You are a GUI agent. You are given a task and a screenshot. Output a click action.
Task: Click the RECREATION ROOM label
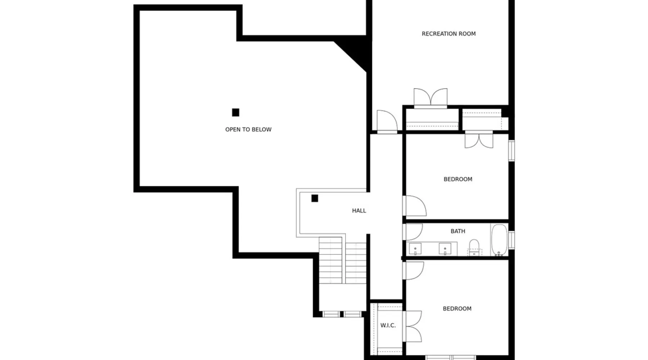[449, 34]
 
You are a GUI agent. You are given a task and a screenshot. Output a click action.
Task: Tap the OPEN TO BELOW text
[248, 130]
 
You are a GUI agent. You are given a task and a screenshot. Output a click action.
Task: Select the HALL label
[359, 211]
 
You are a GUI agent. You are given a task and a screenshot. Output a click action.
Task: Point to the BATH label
[458, 231]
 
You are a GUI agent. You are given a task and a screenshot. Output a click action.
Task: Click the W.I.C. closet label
[388, 325]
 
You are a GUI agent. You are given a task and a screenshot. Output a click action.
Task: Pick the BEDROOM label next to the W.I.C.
[457, 309]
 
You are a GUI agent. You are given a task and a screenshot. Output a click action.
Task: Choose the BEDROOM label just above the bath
[458, 179]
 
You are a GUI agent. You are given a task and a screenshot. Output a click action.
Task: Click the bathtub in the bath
[499, 240]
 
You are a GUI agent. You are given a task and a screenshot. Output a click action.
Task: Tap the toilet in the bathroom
[474, 248]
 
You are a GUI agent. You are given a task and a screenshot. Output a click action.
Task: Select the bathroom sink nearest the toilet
[445, 249]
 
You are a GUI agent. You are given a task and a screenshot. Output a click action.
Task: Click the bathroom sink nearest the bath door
[415, 249]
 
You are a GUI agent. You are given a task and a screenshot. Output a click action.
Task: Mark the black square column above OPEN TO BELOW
[235, 113]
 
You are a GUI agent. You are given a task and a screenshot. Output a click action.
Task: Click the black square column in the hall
[315, 198]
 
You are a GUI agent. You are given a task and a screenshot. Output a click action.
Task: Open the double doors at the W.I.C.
[413, 326]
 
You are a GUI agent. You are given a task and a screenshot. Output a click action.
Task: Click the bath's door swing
[413, 232]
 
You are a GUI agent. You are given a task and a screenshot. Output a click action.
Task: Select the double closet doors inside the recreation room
[431, 98]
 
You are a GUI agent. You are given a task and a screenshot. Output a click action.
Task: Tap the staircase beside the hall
[343, 260]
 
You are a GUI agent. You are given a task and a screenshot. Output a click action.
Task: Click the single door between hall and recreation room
[387, 122]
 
